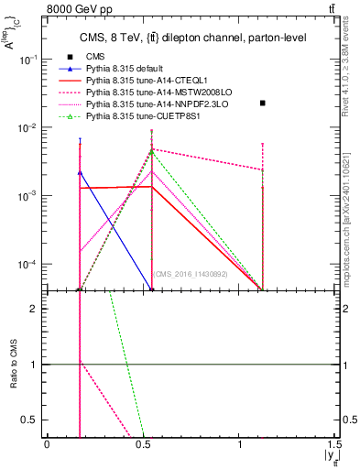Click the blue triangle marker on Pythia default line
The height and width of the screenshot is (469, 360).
(x=80, y=172)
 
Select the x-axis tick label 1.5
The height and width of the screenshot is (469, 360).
(x=338, y=444)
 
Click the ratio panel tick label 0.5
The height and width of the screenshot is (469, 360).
(x=32, y=420)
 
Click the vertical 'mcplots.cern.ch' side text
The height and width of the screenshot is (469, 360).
(x=351, y=220)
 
